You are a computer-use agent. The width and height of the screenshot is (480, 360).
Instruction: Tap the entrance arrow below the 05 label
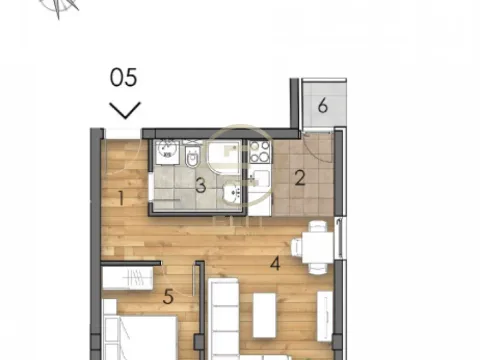(x=126, y=107)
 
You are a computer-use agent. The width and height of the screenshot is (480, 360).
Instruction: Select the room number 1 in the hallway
(x=121, y=197)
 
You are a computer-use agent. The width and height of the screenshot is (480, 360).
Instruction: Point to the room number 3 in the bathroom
(x=200, y=184)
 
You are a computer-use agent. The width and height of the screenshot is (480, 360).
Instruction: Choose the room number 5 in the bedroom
(x=168, y=295)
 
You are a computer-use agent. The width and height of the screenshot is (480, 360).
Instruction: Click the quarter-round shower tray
(x=225, y=155)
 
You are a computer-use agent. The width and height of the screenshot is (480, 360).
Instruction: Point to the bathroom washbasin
(x=231, y=190)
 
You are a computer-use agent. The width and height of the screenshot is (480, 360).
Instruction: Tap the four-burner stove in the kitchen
(x=258, y=152)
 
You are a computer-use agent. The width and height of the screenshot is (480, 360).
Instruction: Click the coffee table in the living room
(x=265, y=316)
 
